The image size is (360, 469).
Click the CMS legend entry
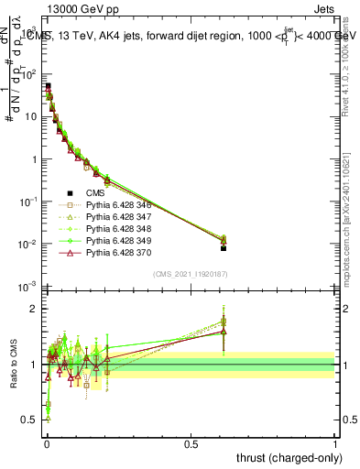coord(96,193)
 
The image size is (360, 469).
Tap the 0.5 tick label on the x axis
coord(191,442)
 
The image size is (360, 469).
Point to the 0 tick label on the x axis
coord(46,442)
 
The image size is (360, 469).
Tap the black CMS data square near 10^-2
coord(224,248)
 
